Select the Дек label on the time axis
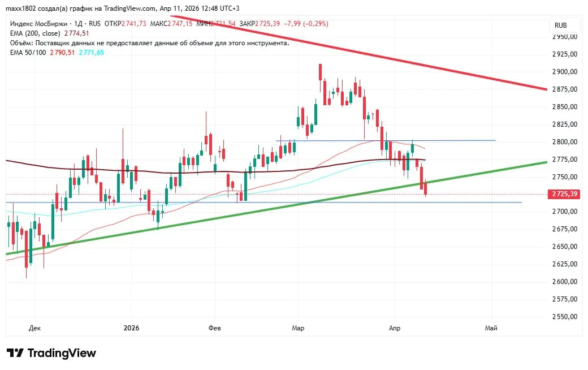[x=34, y=328]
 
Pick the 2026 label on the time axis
[x=131, y=328]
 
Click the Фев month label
[x=215, y=328]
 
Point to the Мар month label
[x=298, y=328]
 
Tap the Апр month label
[x=395, y=328]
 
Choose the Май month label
[x=491, y=328]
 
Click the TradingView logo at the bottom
[x=51, y=353]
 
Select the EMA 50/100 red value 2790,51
[x=62, y=53]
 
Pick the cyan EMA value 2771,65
[x=91, y=53]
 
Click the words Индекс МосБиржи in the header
[x=37, y=24]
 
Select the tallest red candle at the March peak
[x=320, y=72]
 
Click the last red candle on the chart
[x=425, y=188]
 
